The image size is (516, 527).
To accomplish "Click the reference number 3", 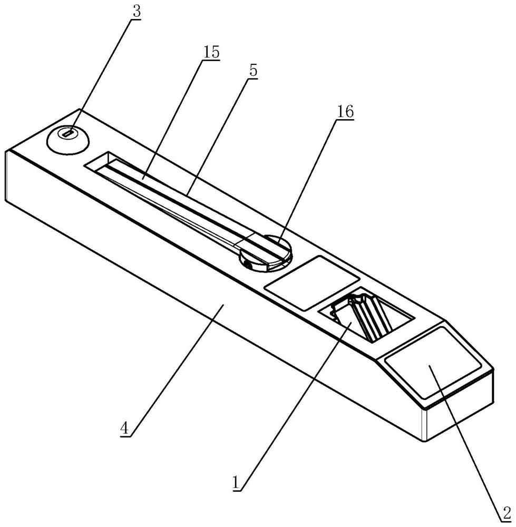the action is (x=137, y=12).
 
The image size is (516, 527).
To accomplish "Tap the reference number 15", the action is (x=211, y=53).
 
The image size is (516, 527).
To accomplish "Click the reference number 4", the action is (x=124, y=428).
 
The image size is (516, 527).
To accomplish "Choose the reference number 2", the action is (x=506, y=512).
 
